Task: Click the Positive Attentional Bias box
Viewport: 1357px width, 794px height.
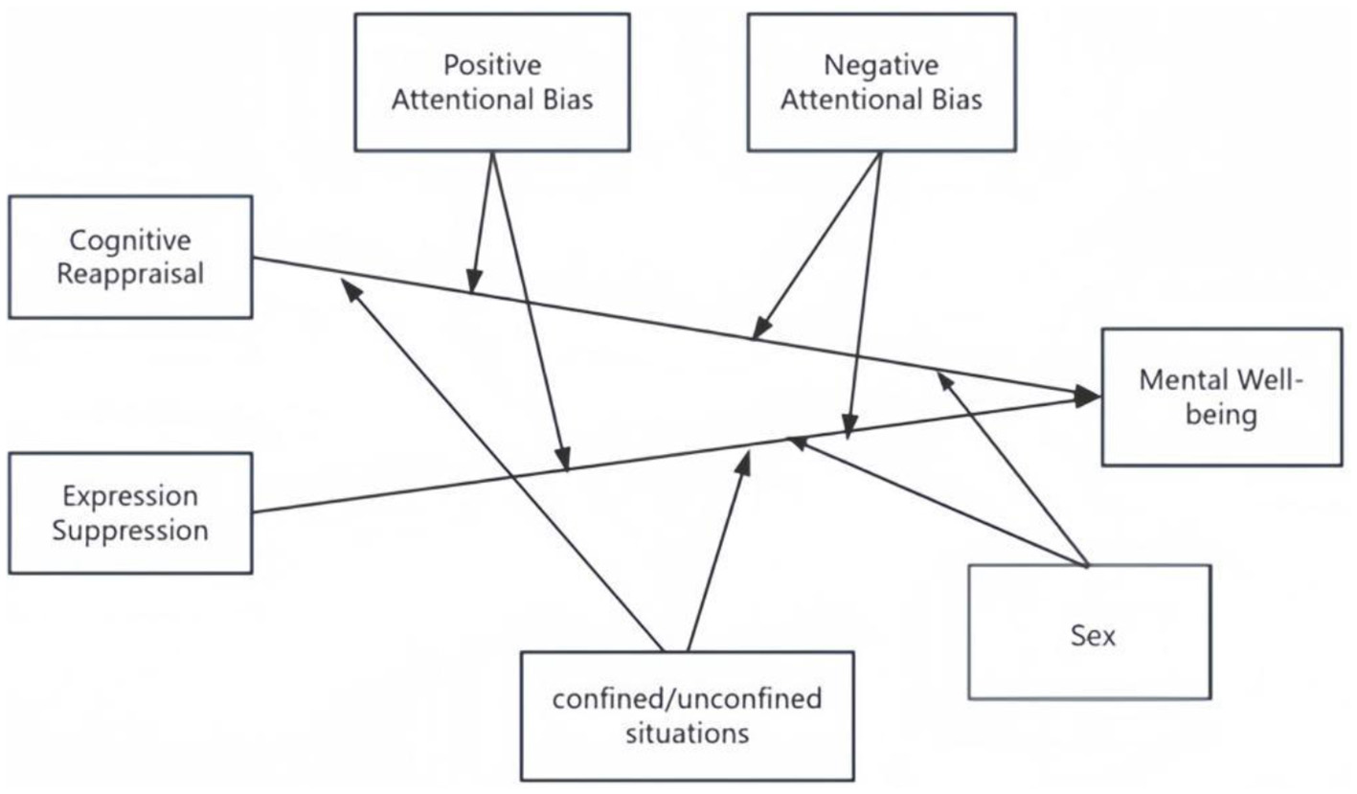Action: coord(491,82)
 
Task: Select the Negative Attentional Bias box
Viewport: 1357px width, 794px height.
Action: coord(881,82)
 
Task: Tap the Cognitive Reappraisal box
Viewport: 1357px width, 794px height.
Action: coord(130,257)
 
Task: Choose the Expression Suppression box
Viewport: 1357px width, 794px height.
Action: coord(130,513)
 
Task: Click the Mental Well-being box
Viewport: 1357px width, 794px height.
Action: coord(1221,397)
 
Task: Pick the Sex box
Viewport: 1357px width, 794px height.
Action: coord(1090,632)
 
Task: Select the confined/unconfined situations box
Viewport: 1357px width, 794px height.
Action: coord(687,716)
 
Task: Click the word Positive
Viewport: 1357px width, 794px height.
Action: coord(492,65)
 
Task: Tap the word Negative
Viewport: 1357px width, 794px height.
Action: coord(882,65)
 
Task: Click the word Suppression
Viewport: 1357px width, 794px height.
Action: coord(130,531)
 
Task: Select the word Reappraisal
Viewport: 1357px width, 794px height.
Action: coord(130,274)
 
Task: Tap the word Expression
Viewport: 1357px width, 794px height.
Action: coord(130,496)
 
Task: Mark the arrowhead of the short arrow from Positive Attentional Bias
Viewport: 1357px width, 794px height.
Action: coord(472,284)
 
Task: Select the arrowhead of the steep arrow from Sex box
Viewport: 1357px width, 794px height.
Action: coord(944,380)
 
